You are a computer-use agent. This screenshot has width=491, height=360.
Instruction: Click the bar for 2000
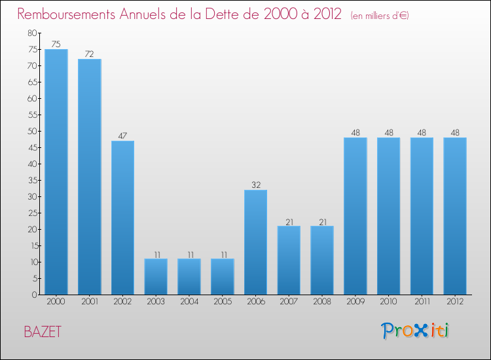56,171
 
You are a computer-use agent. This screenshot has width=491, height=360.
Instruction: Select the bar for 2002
122,217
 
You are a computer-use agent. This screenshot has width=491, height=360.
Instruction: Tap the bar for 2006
255,242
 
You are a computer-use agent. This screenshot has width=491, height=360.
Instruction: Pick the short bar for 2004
189,276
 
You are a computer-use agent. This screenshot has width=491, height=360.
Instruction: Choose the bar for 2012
455,216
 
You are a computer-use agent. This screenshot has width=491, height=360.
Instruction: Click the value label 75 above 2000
56,45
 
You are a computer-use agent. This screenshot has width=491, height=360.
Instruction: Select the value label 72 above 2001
90,54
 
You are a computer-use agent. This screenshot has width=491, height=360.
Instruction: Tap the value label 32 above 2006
255,185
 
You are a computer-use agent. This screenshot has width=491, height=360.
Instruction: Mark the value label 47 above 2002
122,136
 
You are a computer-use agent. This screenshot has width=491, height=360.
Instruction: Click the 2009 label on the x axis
355,302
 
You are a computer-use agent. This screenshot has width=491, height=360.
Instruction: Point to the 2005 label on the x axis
223,302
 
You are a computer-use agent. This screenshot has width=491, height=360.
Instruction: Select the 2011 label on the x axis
422,302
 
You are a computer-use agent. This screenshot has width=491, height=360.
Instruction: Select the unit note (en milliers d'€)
380,15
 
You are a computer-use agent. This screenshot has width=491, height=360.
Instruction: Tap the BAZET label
43,331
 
